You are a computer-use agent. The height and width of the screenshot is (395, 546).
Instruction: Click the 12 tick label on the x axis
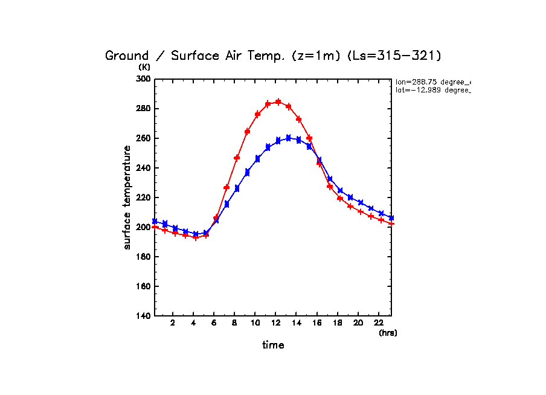click(x=275, y=323)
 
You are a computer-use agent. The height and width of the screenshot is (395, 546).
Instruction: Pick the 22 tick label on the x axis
click(x=379, y=323)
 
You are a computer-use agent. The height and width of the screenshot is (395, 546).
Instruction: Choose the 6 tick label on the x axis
click(x=214, y=323)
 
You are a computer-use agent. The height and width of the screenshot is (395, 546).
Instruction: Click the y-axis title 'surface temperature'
click(x=127, y=197)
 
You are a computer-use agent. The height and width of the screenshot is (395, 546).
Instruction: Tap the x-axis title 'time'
click(x=273, y=345)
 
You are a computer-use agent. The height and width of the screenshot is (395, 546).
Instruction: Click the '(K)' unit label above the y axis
click(x=144, y=67)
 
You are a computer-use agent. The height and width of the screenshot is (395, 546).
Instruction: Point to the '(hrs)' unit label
click(x=388, y=333)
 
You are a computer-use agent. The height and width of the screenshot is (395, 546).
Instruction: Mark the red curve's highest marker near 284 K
click(x=278, y=102)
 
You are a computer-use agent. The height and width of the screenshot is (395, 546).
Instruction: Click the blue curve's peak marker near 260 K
click(x=288, y=138)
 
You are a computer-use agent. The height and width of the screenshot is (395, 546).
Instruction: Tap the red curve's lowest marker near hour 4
click(x=195, y=238)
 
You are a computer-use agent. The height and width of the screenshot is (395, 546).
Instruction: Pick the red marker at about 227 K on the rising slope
click(x=226, y=187)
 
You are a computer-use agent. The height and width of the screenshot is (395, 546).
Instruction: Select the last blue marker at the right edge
click(x=391, y=218)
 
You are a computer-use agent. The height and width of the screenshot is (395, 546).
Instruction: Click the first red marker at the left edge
click(x=155, y=227)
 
